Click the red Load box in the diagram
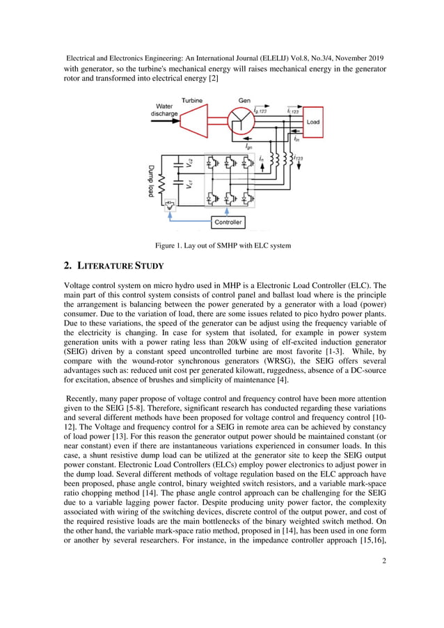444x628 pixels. pos(313,122)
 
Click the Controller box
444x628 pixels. pos(228,222)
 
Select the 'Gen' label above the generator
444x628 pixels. pos(244,101)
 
